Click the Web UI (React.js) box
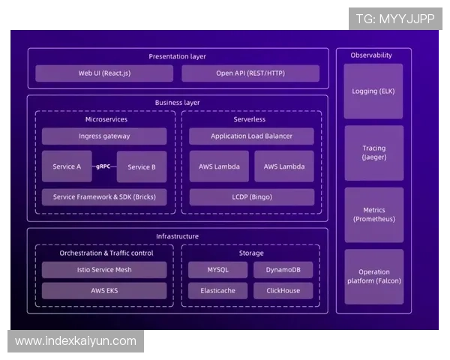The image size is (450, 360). (104, 73)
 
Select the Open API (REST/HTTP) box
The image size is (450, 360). (250, 73)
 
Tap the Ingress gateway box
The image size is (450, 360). (104, 136)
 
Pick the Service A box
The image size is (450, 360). (67, 166)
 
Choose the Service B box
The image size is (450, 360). (142, 166)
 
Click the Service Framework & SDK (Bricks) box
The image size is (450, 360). (104, 197)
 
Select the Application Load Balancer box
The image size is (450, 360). (251, 136)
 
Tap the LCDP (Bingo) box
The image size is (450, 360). (251, 197)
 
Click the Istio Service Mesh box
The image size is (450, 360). (104, 270)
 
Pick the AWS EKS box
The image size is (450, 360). (104, 290)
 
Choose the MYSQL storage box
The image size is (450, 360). (217, 270)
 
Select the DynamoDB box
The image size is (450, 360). (283, 270)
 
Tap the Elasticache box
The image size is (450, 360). (217, 290)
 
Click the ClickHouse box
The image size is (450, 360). (283, 290)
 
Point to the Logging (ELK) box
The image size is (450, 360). (373, 91)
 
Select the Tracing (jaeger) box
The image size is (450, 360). (373, 153)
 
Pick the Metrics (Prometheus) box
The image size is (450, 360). (373, 214)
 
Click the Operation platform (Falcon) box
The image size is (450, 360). (373, 277)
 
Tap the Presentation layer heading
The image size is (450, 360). (177, 56)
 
